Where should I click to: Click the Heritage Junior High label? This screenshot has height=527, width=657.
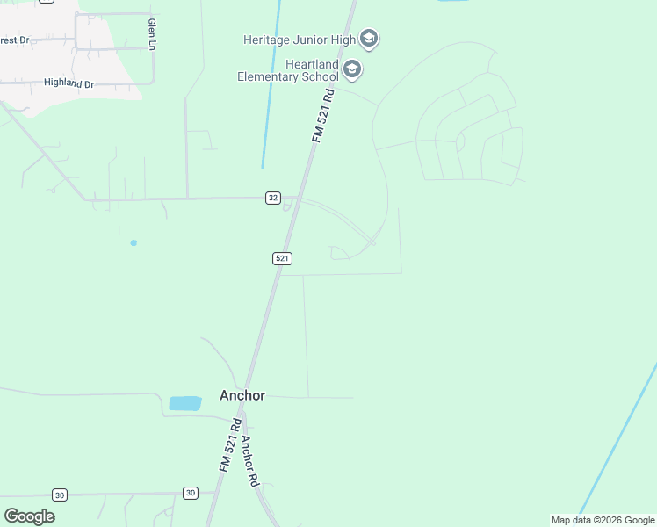(x=300, y=39)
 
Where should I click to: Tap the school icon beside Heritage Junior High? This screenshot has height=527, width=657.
(x=369, y=39)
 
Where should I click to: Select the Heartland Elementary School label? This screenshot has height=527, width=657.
(x=287, y=70)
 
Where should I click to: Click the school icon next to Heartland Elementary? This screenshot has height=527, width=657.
(x=352, y=69)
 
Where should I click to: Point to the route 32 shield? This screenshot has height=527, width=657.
(x=273, y=198)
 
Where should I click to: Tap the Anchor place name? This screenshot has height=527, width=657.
(x=242, y=395)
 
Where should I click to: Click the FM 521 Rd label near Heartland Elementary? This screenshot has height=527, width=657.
(x=323, y=114)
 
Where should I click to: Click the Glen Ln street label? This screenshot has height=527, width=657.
(x=152, y=33)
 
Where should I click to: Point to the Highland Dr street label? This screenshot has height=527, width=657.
(x=69, y=83)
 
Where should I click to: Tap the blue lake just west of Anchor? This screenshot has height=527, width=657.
(x=184, y=403)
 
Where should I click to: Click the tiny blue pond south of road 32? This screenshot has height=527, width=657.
(x=134, y=242)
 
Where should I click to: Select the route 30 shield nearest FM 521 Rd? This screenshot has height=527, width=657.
(x=191, y=493)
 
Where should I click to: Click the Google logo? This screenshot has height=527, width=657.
(x=29, y=516)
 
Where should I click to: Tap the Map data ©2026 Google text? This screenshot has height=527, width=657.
(x=603, y=520)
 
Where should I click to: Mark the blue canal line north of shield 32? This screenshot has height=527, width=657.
(x=270, y=88)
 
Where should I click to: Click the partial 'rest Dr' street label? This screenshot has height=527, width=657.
(x=15, y=40)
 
